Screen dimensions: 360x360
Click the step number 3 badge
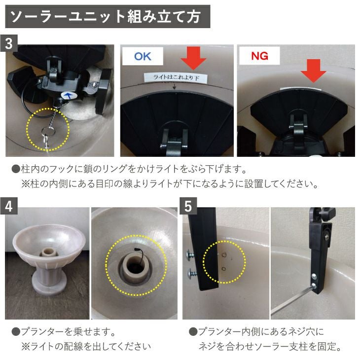pos(9,43)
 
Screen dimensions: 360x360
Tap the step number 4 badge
pos(9,206)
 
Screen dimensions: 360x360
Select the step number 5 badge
pos(188,206)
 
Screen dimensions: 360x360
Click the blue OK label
pos(143,56)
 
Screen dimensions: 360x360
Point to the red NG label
pos(259,56)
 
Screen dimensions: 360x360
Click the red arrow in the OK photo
pos(193,58)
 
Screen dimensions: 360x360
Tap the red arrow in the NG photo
pos(313,71)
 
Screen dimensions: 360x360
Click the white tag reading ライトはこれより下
pos(176,77)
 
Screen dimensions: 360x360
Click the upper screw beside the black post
pos(190,254)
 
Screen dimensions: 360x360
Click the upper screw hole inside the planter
pos(224,254)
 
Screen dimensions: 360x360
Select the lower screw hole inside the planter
pos(224,269)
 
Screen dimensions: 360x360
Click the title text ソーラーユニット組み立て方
pos(105,17)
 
